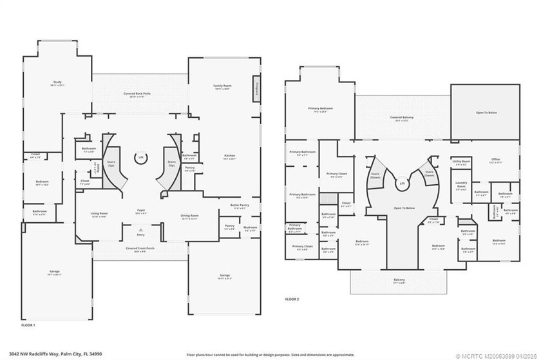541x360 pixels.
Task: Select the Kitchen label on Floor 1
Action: coord(229,156)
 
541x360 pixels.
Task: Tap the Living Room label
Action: coord(99,215)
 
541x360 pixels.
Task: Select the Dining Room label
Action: coord(189,218)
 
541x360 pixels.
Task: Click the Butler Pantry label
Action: coord(239,207)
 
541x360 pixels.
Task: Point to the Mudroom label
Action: coord(250,229)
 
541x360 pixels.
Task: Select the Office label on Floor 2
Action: coord(495,160)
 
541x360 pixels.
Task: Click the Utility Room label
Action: coord(461,162)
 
